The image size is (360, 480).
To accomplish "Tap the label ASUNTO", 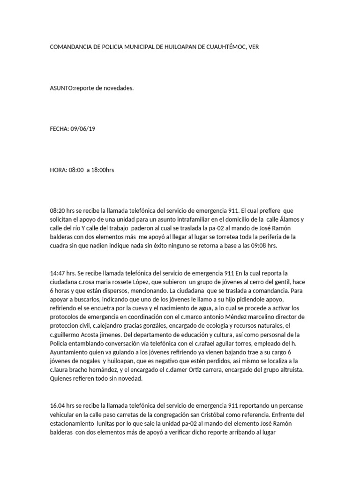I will click(62, 88).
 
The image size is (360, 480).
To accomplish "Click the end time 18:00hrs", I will click(104, 170).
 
